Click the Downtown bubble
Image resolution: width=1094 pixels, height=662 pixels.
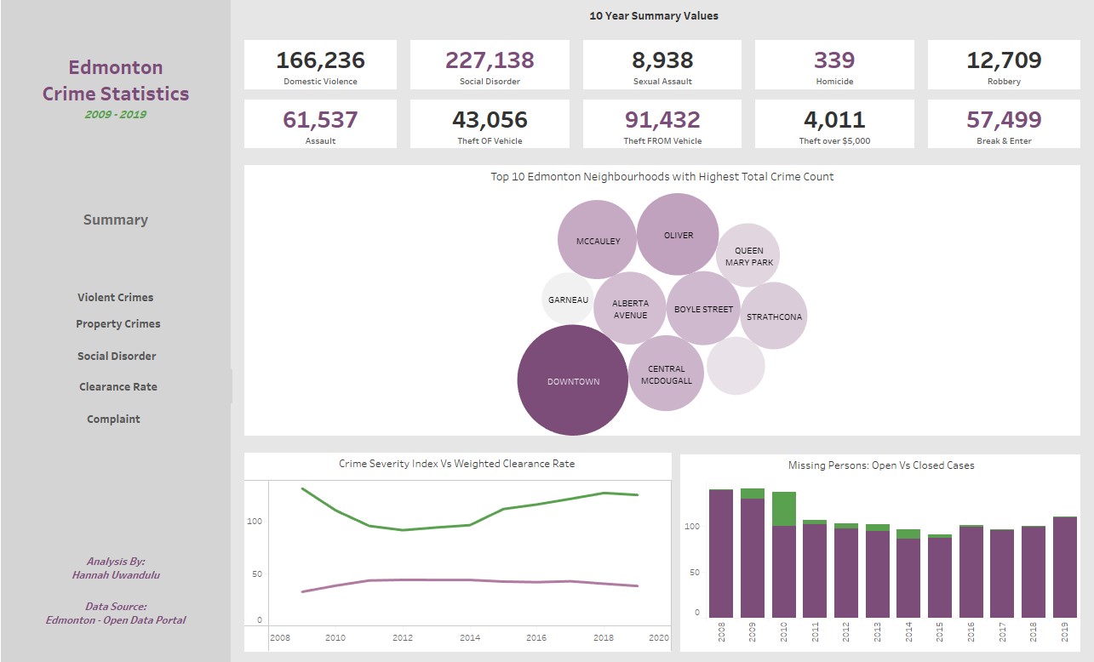572,380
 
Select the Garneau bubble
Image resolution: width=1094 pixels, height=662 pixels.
568,300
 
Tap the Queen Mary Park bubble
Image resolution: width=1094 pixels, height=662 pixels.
748,256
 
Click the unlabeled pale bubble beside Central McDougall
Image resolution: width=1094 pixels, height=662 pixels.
736,366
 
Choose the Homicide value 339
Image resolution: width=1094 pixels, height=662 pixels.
833,60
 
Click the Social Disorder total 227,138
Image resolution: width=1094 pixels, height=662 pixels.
489,60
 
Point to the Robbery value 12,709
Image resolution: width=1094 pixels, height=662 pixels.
1004,60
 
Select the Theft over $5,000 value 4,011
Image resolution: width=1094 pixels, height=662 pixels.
833,120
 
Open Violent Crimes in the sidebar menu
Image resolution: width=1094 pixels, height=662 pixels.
116,297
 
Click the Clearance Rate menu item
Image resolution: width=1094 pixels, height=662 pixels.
118,386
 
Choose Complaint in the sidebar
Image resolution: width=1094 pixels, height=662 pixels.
113,419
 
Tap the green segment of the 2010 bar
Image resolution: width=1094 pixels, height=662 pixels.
783,509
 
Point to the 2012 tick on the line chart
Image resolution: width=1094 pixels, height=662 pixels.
403,637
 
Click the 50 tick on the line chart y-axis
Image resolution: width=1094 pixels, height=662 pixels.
255,574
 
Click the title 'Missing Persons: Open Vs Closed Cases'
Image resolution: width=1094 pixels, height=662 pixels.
881,465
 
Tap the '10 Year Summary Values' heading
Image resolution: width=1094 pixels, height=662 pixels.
654,15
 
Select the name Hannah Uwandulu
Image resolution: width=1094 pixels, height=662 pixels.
116,574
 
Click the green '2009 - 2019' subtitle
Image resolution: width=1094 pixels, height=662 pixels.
115,114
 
